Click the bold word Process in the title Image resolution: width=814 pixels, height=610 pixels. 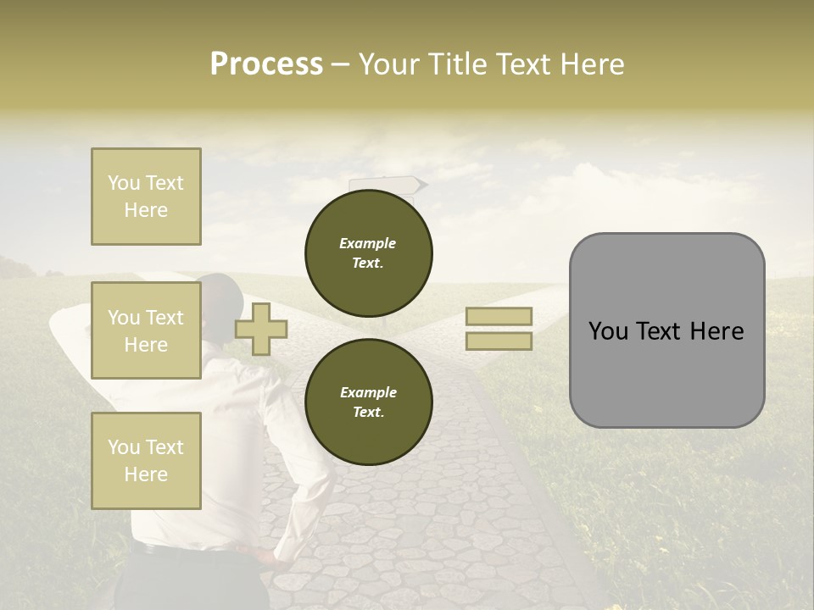(266, 64)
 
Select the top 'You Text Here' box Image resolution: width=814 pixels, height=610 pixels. (146, 197)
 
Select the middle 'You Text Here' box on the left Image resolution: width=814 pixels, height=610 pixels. (146, 330)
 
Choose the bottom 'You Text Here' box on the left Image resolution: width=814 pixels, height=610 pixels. (146, 460)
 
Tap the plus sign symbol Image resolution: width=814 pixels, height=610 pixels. (261, 329)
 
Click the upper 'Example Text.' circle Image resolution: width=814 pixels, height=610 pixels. (368, 253)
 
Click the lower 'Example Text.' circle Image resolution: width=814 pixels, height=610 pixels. (368, 402)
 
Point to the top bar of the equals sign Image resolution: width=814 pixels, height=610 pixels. (499, 316)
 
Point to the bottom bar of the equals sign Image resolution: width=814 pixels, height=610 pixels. (499, 341)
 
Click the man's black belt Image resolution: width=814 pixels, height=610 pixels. (195, 552)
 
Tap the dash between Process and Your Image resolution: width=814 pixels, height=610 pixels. (340, 65)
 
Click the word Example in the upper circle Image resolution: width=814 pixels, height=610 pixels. (368, 243)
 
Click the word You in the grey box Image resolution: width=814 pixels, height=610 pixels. (608, 331)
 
